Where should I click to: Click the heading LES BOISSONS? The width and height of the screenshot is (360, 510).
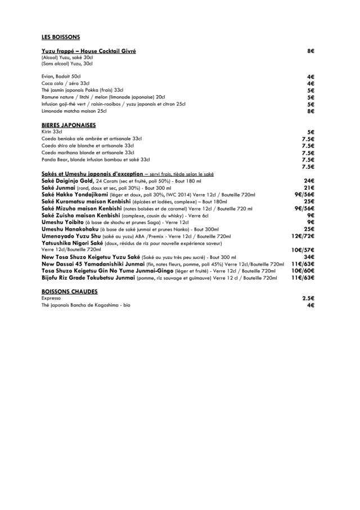click(61, 37)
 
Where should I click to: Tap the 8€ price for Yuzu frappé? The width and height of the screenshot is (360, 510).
click(310, 51)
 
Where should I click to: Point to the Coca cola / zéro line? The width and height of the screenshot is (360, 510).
click(65, 83)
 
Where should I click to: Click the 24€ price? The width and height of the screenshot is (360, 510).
click(309, 181)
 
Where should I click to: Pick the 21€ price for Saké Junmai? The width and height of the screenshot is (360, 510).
click(309, 187)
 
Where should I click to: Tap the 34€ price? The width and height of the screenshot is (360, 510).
click(309, 257)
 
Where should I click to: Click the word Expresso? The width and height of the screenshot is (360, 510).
click(51, 298)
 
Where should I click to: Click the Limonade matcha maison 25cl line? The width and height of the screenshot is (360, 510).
click(74, 111)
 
